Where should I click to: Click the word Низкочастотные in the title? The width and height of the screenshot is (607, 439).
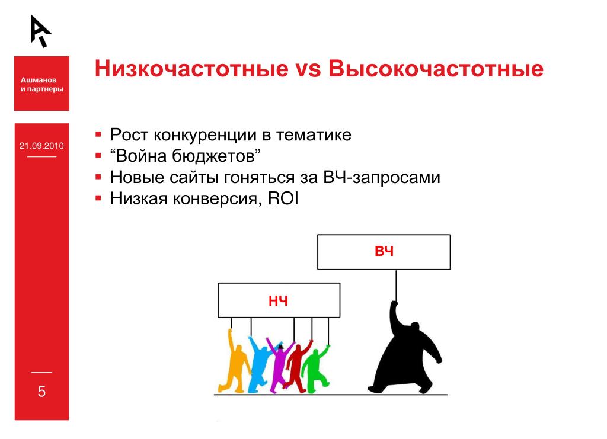(191, 69)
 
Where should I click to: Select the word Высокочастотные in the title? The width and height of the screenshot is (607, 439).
(436, 69)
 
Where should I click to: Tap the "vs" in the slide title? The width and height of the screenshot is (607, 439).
(308, 70)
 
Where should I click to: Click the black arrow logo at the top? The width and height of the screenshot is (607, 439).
(41, 31)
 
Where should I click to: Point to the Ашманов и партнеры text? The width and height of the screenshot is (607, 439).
(42, 84)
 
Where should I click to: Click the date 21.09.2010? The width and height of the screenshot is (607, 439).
(42, 146)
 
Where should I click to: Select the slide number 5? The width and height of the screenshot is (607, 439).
(42, 392)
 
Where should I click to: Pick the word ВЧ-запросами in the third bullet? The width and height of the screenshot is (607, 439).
(382, 178)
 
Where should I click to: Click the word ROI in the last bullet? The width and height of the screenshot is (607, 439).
(283, 199)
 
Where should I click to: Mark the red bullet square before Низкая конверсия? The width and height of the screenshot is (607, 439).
(98, 198)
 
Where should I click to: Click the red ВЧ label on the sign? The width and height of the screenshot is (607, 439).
(384, 251)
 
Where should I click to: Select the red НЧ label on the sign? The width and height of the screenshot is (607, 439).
(279, 301)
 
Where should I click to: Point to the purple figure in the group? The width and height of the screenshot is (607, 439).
(280, 366)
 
